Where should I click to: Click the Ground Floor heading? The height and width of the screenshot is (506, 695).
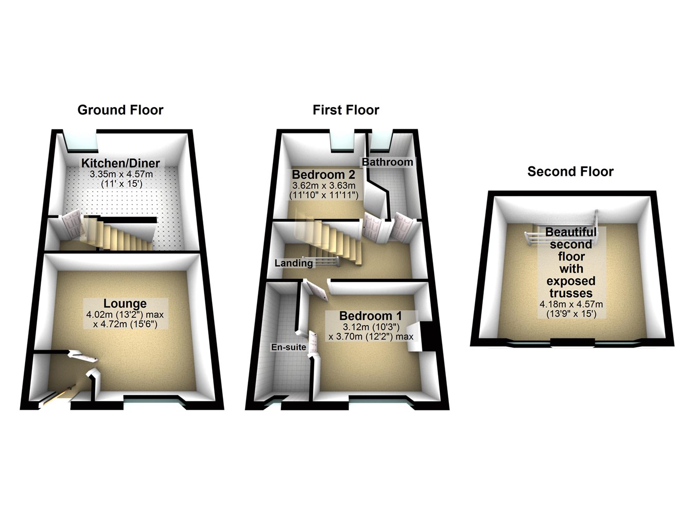(x=120, y=110)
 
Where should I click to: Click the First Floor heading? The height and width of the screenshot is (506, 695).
(x=345, y=110)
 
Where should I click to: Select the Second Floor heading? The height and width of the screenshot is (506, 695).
(x=570, y=172)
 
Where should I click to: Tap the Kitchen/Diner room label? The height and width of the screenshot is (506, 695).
(x=120, y=163)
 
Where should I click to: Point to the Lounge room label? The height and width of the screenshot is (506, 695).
(x=125, y=303)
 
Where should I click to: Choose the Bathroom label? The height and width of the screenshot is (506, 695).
(x=387, y=162)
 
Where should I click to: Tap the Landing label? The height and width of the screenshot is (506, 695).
(x=293, y=263)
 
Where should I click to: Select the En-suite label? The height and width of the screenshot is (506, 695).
(x=289, y=347)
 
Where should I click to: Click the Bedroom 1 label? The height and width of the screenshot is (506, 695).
(x=371, y=316)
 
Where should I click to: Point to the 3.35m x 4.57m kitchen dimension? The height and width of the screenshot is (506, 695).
(x=125, y=174)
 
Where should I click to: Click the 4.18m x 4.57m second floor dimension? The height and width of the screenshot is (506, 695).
(x=571, y=304)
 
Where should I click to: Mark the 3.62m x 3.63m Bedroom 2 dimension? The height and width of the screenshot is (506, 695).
(x=324, y=185)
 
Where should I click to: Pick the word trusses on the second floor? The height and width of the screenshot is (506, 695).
(x=570, y=293)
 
